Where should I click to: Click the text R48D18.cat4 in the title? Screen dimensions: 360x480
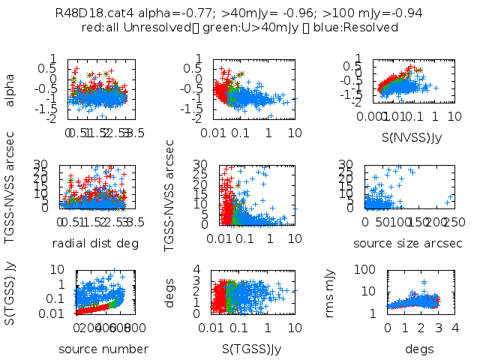pyautogui.click(x=88, y=13)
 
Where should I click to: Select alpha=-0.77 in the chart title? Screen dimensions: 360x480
pyautogui.click(x=156, y=13)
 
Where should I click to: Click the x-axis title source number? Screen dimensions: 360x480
pyautogui.click(x=103, y=349)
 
